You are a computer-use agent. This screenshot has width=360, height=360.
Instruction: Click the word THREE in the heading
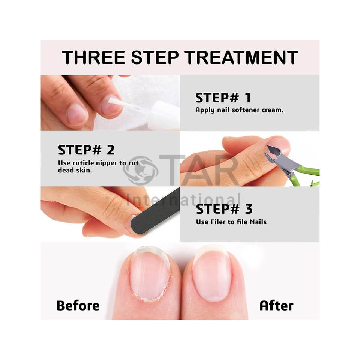tap(94, 57)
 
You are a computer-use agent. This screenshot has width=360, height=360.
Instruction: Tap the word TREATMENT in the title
tap(241, 57)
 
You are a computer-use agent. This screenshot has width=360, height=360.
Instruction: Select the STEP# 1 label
tap(223, 97)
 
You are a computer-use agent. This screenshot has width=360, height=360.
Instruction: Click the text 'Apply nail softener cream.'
tap(239, 110)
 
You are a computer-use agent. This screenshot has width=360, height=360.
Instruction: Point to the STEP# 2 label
tap(86, 150)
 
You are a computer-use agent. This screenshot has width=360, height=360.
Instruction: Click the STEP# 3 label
tap(224, 209)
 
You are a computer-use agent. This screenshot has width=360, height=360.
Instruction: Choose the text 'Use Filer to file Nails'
tap(231, 222)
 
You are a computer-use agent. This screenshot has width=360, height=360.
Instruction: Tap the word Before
tap(78, 306)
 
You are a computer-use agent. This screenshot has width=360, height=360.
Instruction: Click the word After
tap(276, 306)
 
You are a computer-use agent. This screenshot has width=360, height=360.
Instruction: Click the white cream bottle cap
tap(163, 116)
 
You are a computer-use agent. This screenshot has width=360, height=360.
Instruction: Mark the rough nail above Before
tap(150, 274)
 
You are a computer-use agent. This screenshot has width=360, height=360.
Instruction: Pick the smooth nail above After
tap(212, 274)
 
